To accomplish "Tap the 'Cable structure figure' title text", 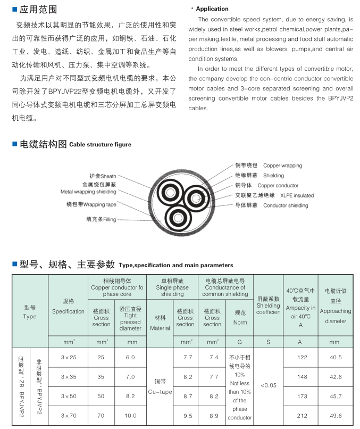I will pyautogui.click(x=100, y=144).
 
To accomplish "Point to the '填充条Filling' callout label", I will pyautogui.click(x=102, y=219).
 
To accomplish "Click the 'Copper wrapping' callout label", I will pyautogui.click(x=282, y=166).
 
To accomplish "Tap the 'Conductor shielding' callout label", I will pyautogui.click(x=285, y=205).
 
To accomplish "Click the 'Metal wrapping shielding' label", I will pyautogui.click(x=88, y=191).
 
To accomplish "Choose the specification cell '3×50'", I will pyautogui.click(x=68, y=397).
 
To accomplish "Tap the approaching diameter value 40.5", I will pyautogui.click(x=336, y=357).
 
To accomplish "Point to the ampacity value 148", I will pyautogui.click(x=302, y=377).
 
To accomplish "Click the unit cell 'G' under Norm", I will pyautogui.click(x=240, y=341).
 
